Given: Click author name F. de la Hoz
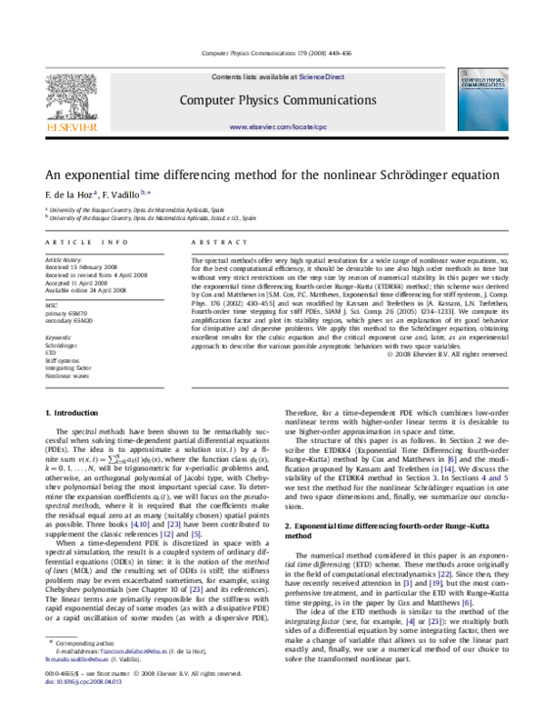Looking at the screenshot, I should tap(68, 195).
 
